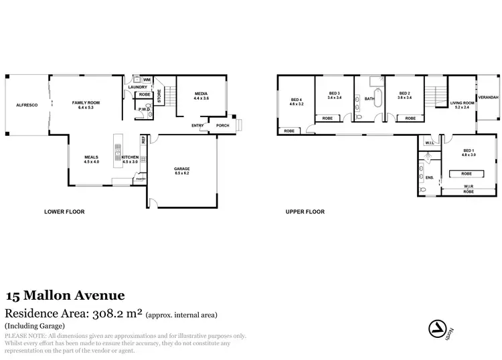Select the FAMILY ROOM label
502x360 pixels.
(x=85, y=104)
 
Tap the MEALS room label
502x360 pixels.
(x=91, y=159)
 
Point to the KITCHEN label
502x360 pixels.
(x=130, y=159)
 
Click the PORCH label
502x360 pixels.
(x=222, y=125)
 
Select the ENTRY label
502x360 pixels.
(x=198, y=125)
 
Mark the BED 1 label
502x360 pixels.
(x=469, y=152)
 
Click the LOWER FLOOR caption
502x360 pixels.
(x=64, y=211)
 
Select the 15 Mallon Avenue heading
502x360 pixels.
(x=64, y=295)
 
